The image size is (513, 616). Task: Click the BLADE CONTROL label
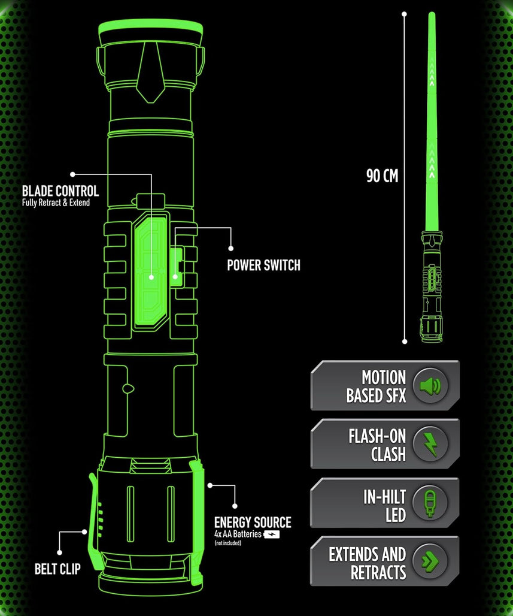coord(60,191)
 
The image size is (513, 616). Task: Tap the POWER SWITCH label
coord(263,265)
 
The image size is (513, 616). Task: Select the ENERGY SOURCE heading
coord(253,523)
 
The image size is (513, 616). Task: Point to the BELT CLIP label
coord(57,568)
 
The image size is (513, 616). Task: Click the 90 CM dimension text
coord(382,176)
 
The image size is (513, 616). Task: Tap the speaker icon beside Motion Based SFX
coord(430,385)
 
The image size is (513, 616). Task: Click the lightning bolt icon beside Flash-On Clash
coord(430,444)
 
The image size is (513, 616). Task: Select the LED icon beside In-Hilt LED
coord(430,503)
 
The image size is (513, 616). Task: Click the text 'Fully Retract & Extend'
coord(56,203)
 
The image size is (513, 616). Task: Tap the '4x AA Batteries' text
coord(238,533)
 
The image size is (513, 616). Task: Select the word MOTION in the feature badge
coord(384,378)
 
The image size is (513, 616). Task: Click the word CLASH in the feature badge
coord(388,454)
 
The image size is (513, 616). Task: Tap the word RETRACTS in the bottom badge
coord(378,572)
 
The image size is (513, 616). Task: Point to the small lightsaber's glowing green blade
coord(432,120)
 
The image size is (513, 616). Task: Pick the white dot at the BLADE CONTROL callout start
coord(72,174)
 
